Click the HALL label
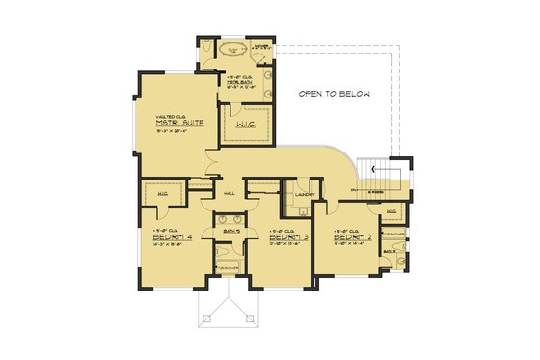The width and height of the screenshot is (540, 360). click(x=229, y=193)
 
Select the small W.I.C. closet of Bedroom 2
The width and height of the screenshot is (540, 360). click(x=391, y=212)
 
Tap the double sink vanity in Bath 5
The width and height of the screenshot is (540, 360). click(x=230, y=217)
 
